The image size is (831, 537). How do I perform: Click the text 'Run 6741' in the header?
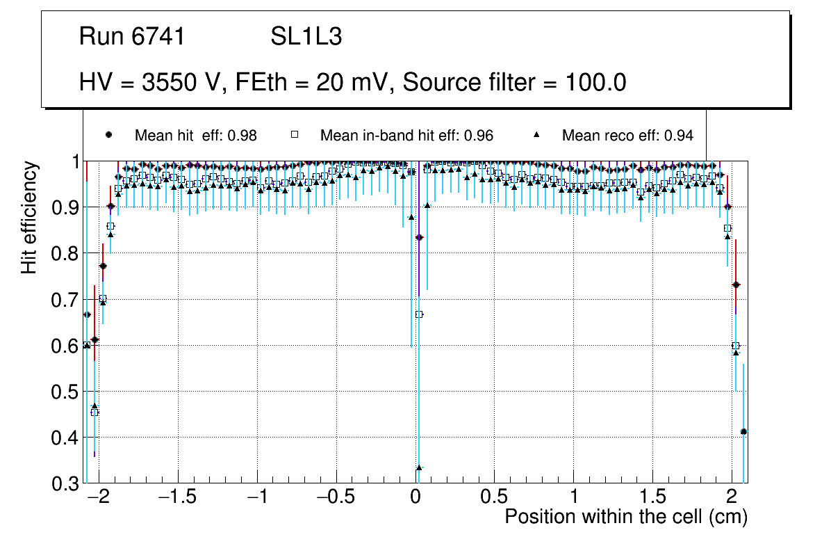pos(132,37)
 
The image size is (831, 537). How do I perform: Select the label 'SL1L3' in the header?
pos(306,37)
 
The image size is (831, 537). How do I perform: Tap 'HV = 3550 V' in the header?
pos(147,83)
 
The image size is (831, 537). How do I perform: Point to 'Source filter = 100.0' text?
pos(515,83)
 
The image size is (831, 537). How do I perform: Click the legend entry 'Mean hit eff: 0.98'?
pos(195,136)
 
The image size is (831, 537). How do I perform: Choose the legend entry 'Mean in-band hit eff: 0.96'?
pos(406,136)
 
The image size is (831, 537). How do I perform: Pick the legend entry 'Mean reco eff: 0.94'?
pos(627,136)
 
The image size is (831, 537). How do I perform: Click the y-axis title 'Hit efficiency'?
pos(29,217)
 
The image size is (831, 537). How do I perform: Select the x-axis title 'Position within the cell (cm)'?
pos(625,517)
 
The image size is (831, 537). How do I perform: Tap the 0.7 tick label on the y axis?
pos(65,300)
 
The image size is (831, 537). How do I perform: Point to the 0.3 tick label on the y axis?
pos(65,483)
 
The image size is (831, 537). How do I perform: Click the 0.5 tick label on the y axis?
pos(65,392)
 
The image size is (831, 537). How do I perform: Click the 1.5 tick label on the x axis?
pos(652,499)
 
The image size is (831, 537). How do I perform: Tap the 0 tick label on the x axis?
pos(415,499)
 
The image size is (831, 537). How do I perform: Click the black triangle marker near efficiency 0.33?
pos(419,467)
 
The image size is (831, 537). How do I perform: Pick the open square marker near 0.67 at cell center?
pos(419,314)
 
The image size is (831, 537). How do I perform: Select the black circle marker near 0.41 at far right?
pos(743,432)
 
